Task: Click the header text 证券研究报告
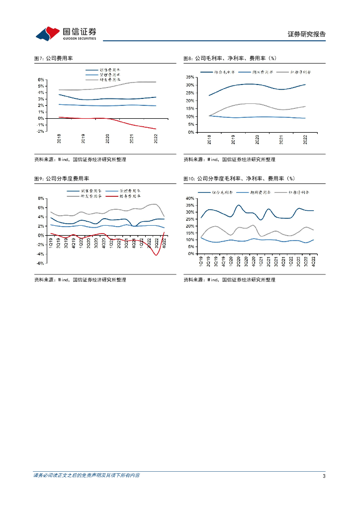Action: click(307, 34)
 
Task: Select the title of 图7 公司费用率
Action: click(54, 58)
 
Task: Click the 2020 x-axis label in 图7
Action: click(107, 139)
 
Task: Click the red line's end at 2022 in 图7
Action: click(156, 129)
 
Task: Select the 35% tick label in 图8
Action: click(190, 77)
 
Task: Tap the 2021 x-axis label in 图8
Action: click(281, 140)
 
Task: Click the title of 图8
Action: click(230, 58)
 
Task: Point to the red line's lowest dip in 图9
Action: click(156, 255)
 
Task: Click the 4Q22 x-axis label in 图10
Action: click(313, 261)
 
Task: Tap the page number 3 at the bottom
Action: click(324, 476)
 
